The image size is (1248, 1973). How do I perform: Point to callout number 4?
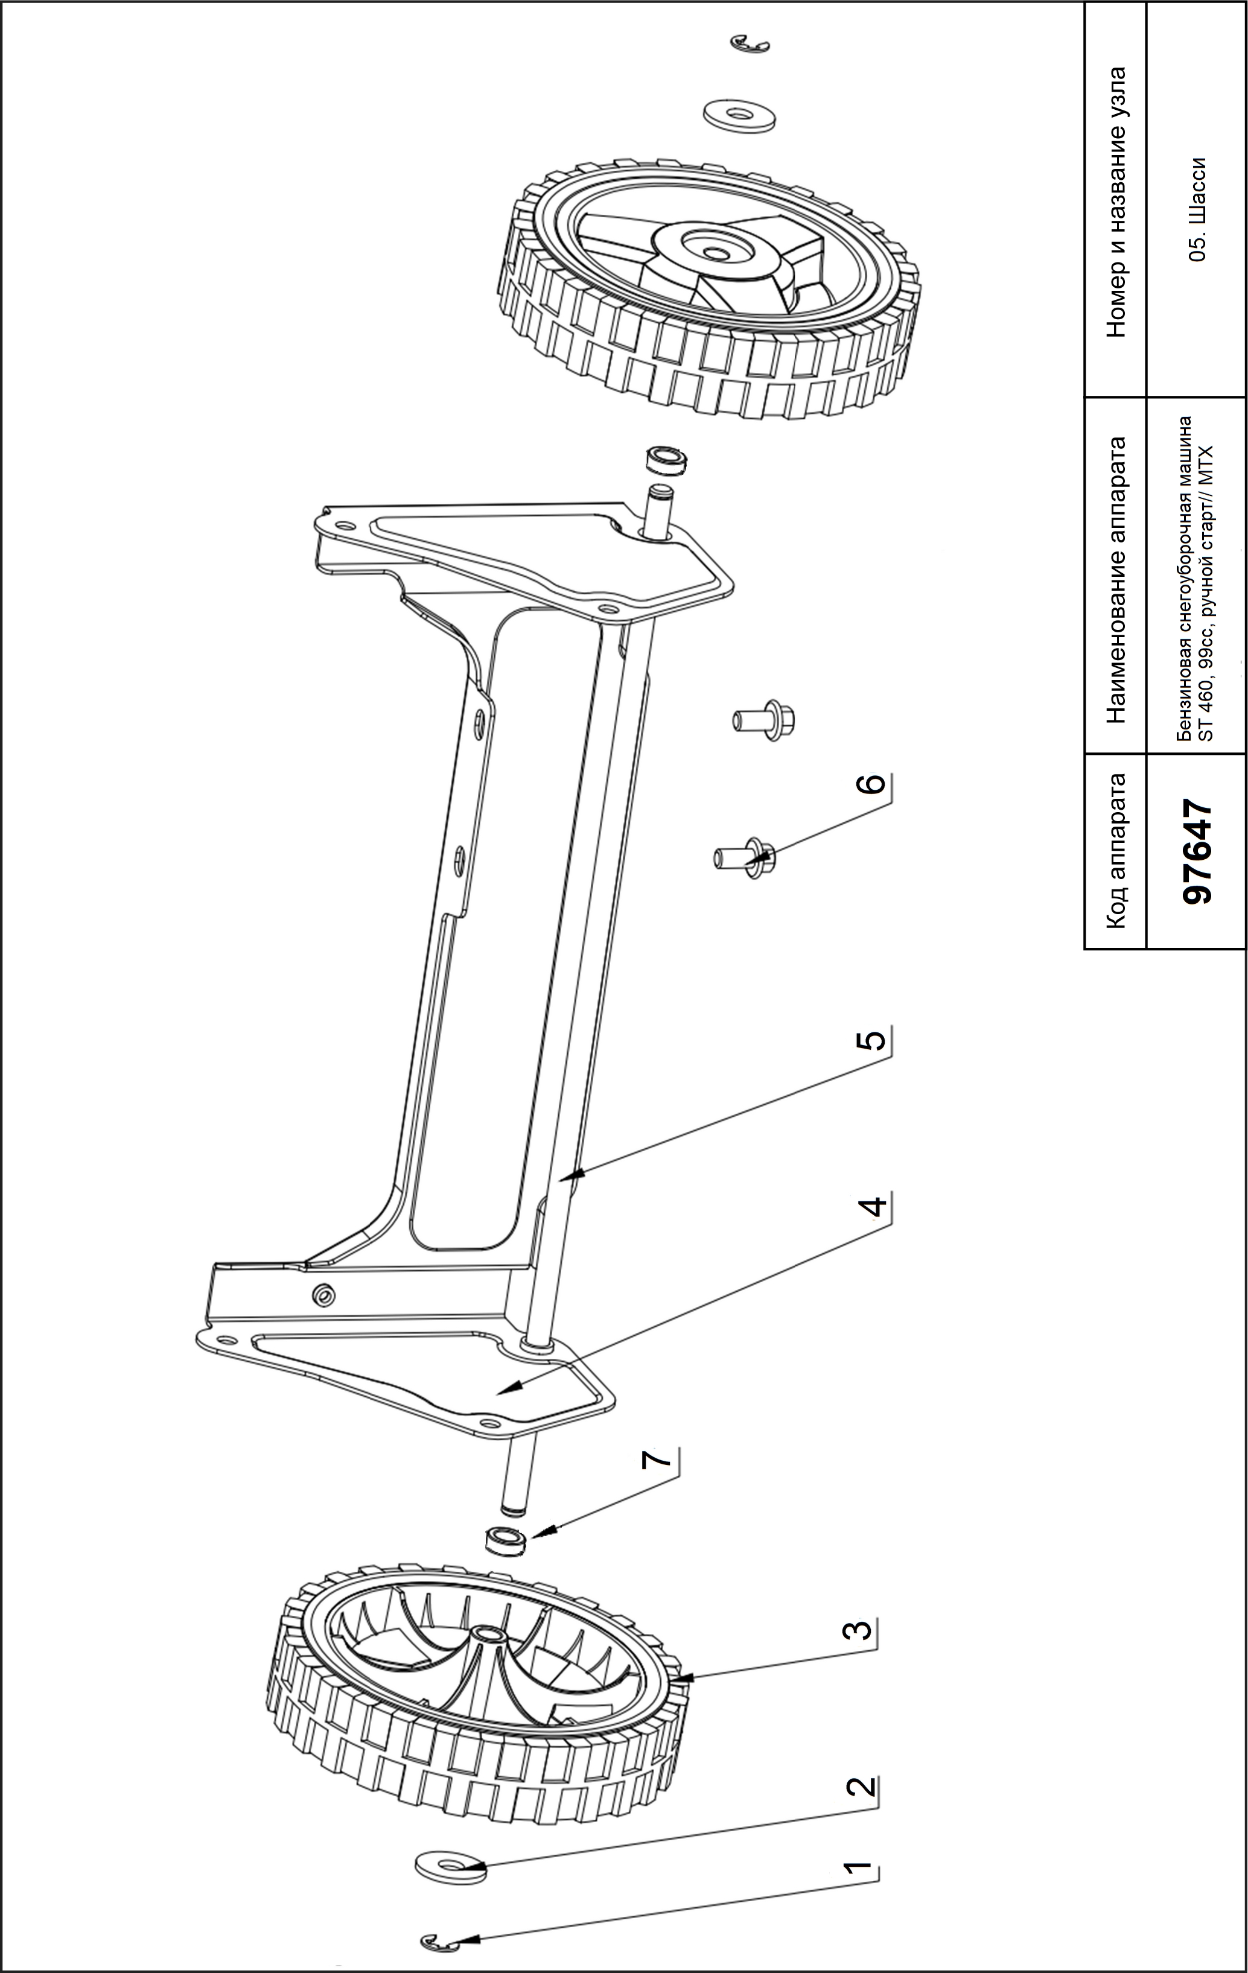tap(873, 1206)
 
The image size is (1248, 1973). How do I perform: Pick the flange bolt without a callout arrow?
tap(765, 719)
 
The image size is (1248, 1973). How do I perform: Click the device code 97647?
tap(1198, 851)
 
